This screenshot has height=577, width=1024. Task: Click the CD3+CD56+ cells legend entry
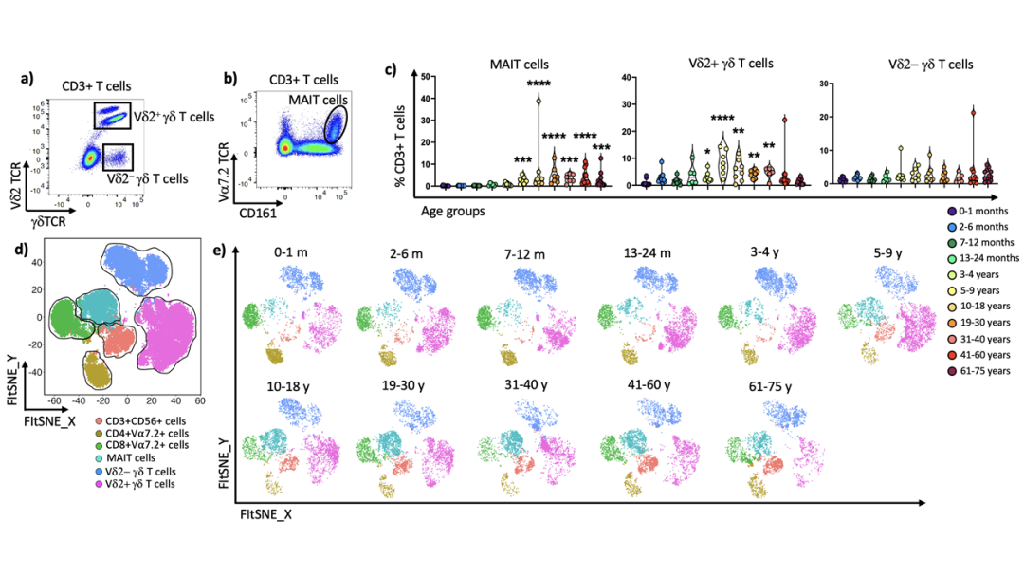127,420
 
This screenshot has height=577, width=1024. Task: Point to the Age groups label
453,212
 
